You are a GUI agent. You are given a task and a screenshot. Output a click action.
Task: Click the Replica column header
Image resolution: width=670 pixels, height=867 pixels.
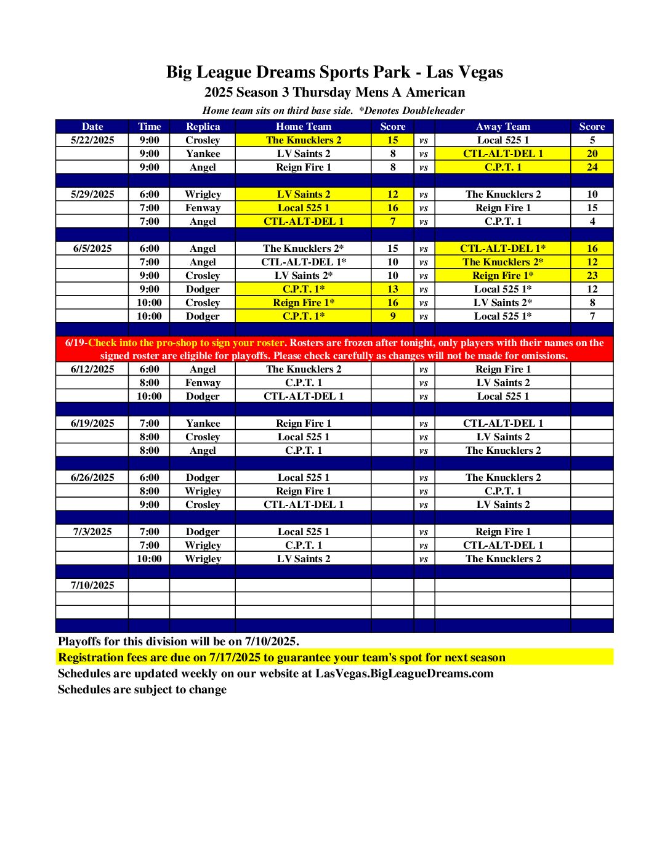(x=203, y=126)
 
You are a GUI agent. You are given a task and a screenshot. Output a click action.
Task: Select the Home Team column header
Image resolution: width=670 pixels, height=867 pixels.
(x=303, y=126)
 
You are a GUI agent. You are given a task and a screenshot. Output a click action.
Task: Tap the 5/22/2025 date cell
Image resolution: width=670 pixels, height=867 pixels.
(x=92, y=140)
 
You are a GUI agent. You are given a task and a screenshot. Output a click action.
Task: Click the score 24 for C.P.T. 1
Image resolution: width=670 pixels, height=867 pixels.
(x=592, y=167)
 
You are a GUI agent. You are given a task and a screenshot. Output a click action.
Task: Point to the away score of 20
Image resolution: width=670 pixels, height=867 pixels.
(x=592, y=153)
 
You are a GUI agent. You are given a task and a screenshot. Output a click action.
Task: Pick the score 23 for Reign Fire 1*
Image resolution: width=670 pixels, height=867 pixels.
(x=592, y=275)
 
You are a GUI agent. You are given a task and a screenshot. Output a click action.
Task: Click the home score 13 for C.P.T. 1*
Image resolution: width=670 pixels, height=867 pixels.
(x=392, y=289)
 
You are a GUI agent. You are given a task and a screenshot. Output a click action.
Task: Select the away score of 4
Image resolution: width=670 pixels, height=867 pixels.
(x=592, y=221)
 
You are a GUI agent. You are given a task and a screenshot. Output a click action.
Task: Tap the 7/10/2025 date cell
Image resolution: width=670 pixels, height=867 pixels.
(x=92, y=585)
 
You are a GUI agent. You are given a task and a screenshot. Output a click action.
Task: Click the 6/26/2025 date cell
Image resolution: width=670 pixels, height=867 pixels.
(x=92, y=477)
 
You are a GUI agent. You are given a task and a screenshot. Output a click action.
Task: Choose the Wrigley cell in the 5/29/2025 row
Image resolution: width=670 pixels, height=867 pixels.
(x=203, y=194)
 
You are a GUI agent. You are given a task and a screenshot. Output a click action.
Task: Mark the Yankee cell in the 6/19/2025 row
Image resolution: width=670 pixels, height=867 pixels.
(x=203, y=423)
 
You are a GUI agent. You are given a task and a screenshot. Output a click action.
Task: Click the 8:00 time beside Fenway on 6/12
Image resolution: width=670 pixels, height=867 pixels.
(x=149, y=382)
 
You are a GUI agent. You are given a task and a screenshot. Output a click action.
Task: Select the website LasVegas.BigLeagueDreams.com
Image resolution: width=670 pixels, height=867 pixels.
(x=405, y=673)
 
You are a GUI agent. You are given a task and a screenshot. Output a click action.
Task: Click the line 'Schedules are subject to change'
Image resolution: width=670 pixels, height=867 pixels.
(x=142, y=689)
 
